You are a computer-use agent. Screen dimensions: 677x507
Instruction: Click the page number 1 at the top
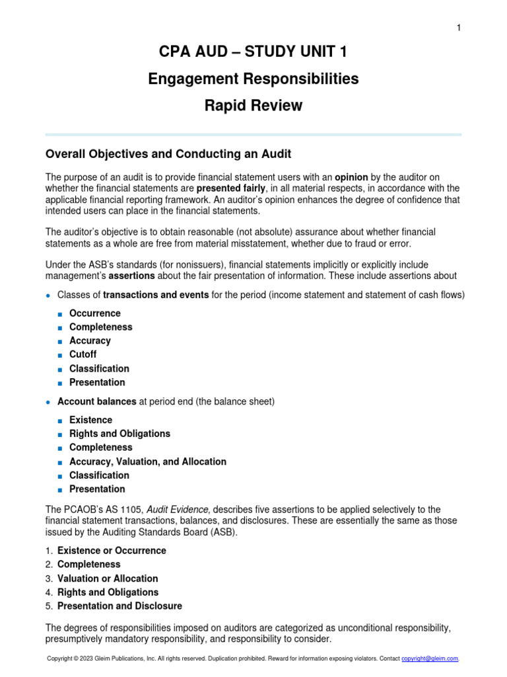point(458,27)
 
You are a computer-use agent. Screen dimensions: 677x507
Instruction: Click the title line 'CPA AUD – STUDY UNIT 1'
point(253,52)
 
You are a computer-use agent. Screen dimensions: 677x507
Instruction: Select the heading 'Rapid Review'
point(253,105)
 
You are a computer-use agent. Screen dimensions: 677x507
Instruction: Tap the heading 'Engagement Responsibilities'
point(253,79)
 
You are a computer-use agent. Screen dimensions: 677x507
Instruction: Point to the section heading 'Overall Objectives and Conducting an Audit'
point(168,154)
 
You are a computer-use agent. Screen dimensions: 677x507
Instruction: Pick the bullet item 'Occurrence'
point(95,313)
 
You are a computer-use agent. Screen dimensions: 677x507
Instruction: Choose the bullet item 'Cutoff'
point(83,355)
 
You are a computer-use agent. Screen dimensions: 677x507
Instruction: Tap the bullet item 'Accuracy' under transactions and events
point(90,341)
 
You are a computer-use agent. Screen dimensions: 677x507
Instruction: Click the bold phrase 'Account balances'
point(97,401)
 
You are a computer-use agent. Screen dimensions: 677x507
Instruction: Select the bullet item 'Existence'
point(90,420)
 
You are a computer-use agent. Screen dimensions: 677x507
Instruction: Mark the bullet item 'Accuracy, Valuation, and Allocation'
point(148,461)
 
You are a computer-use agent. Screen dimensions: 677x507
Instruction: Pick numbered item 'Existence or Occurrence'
point(112,551)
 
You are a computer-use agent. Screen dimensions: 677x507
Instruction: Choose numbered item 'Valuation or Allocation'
point(108,578)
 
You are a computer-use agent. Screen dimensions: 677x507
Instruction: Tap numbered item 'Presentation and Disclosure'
point(119,606)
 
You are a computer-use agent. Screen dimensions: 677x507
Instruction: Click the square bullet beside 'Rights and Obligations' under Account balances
point(60,434)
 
